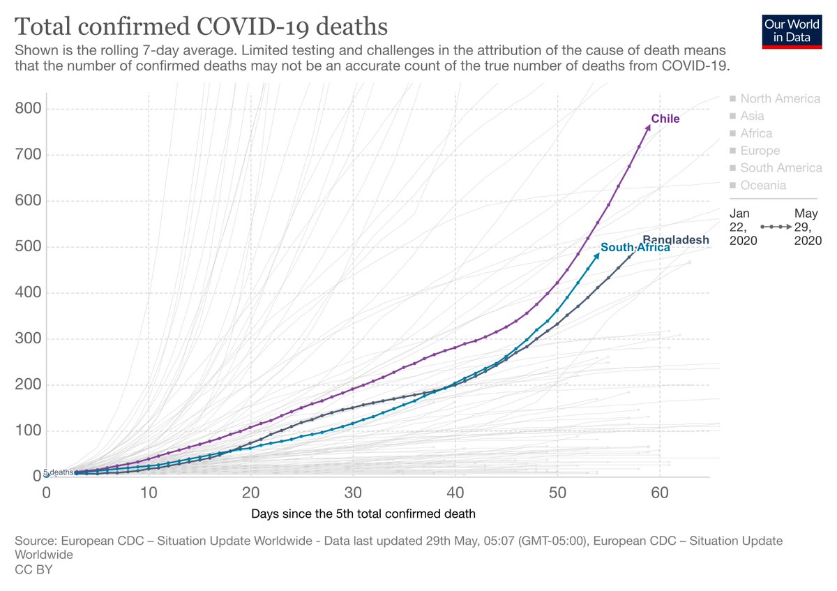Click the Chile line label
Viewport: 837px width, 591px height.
(665, 119)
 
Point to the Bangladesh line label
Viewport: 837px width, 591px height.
(675, 239)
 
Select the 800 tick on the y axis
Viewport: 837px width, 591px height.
(29, 109)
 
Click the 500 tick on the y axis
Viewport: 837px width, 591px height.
(29, 247)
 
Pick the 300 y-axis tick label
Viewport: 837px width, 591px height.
(29, 339)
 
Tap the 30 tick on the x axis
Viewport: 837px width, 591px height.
(353, 491)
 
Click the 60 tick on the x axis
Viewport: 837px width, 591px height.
(660, 491)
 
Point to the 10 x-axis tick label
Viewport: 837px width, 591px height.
(149, 491)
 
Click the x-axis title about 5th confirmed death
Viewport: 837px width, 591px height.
(363, 515)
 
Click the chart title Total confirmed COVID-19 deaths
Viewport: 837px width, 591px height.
(201, 27)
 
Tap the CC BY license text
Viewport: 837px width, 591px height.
(33, 570)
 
